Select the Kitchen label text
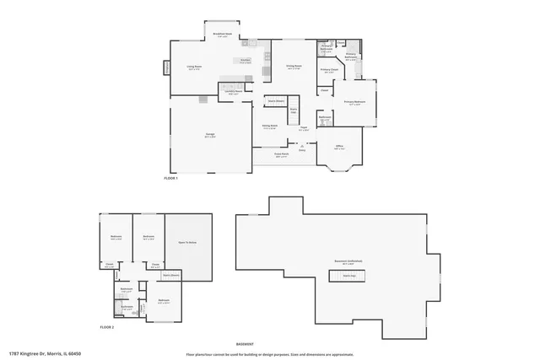(246, 61)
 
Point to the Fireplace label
(166, 67)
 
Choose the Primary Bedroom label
(353, 103)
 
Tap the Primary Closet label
(329, 71)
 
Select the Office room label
(339, 147)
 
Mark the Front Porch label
(281, 155)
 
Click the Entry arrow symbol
(301, 147)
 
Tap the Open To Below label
(186, 241)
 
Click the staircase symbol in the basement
(347, 275)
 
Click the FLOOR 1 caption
(171, 178)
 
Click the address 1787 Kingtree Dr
(40, 353)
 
